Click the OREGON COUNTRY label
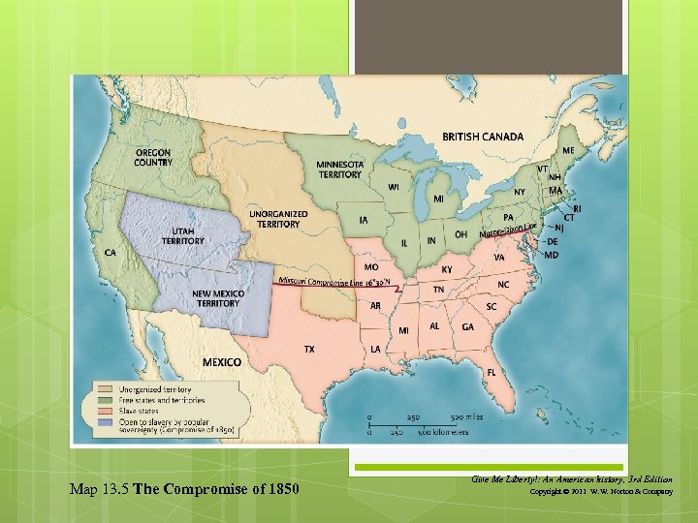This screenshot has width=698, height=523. click(153, 158)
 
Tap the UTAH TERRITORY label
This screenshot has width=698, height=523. click(183, 235)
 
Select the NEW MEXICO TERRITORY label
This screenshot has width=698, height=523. click(216, 297)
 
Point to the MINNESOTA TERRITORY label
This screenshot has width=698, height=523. click(340, 169)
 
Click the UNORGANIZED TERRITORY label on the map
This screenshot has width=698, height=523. click(278, 219)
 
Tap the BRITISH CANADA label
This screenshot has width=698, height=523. click(483, 137)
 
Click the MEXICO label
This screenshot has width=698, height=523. click(221, 361)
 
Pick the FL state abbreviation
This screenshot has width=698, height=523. click(492, 372)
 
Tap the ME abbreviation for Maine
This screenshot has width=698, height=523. click(567, 151)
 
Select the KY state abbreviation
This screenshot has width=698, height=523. click(447, 269)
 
